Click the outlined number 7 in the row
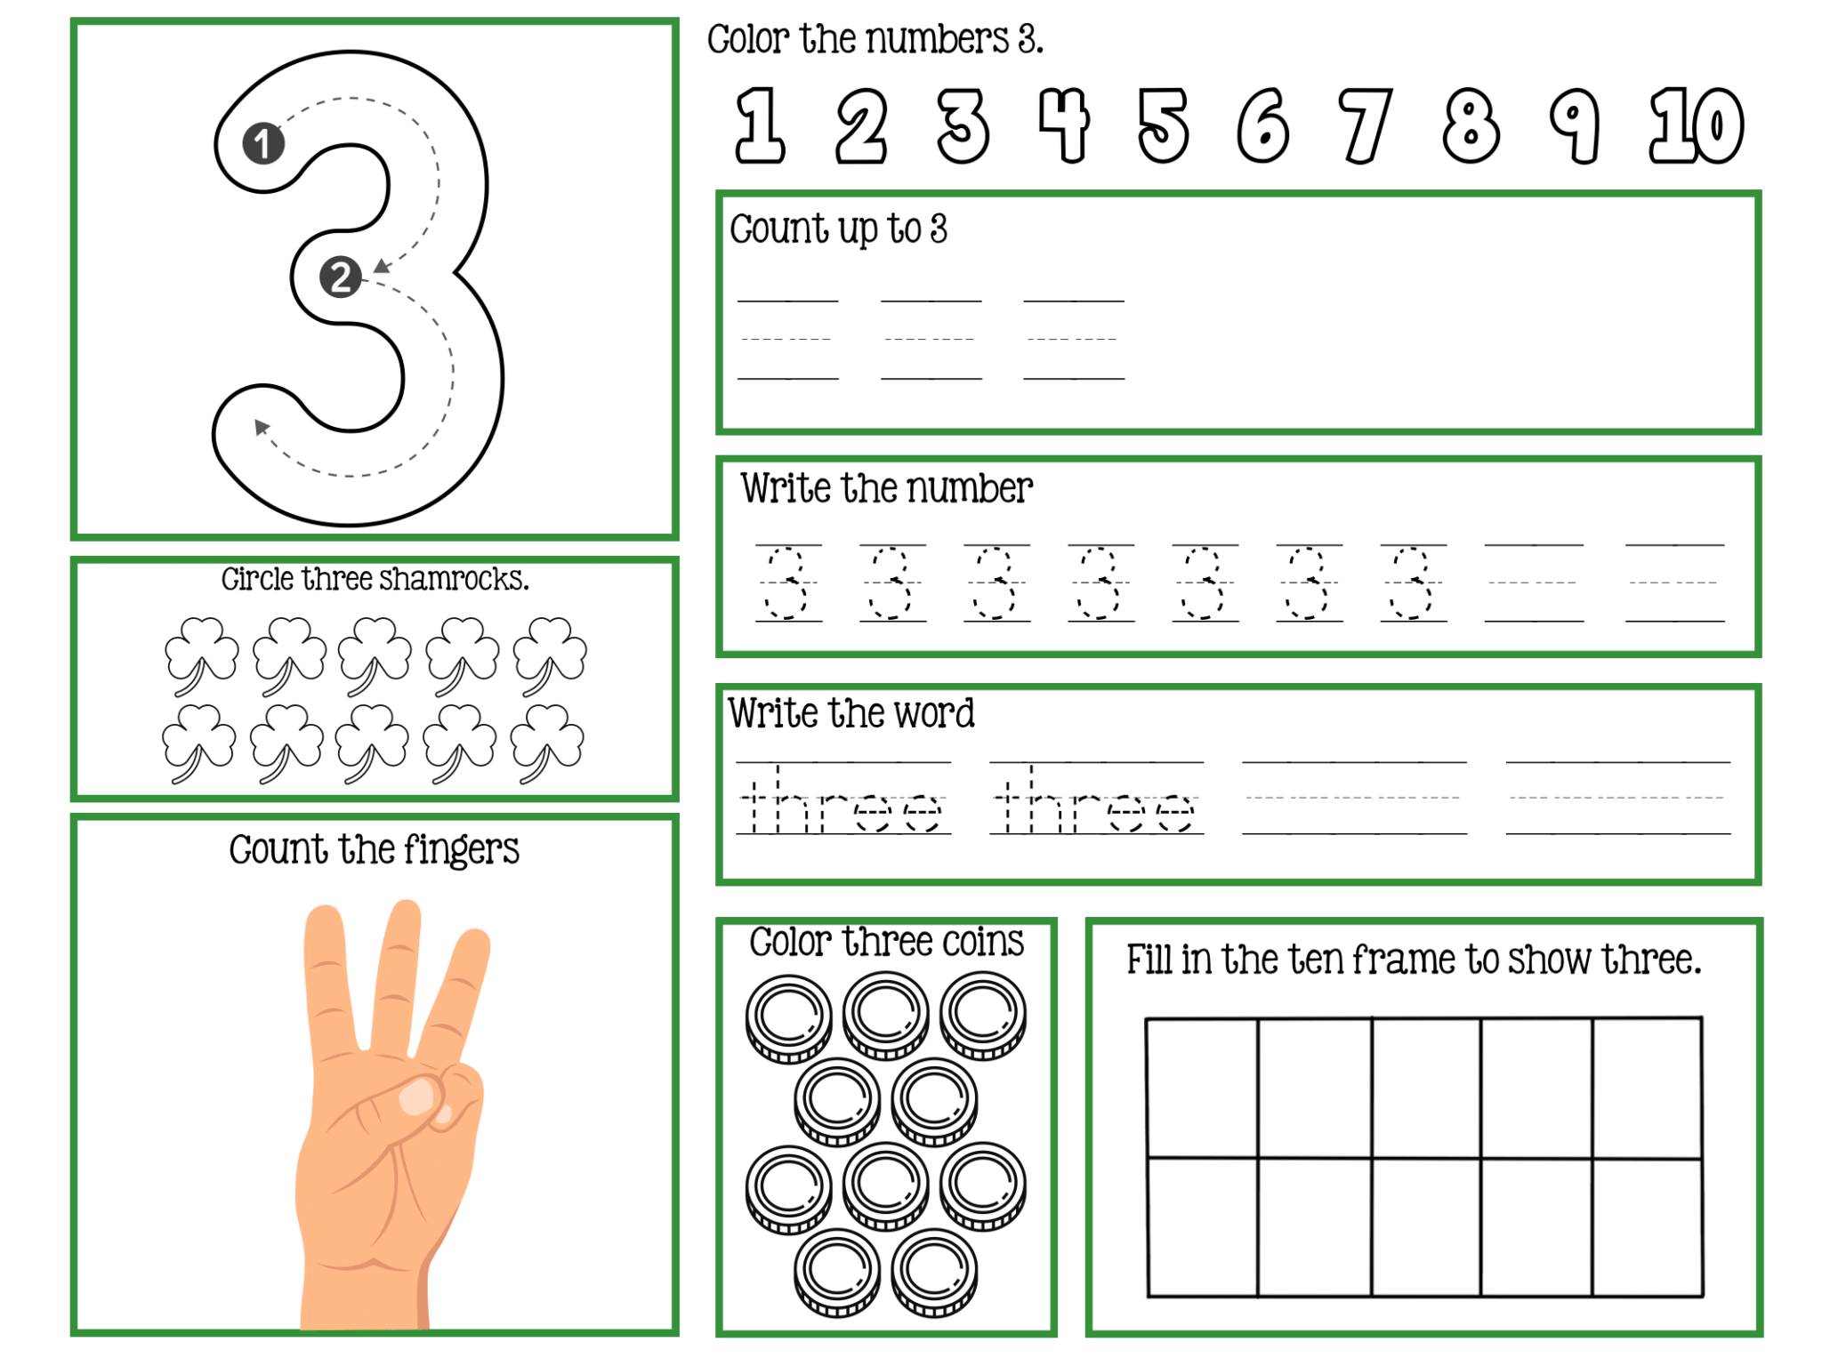click(1364, 125)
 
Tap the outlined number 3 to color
click(963, 125)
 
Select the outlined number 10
click(1697, 125)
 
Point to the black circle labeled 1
click(263, 143)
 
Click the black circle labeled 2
click(340, 277)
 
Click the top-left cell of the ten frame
click(1202, 1088)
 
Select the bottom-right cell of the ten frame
click(1647, 1227)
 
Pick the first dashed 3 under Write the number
click(787, 583)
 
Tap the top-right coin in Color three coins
click(983, 1015)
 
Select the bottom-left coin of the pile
click(837, 1272)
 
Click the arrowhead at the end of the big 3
click(261, 427)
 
